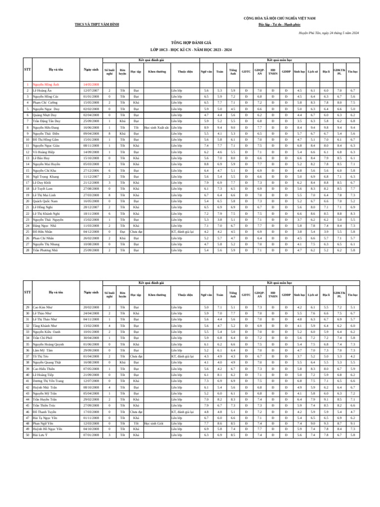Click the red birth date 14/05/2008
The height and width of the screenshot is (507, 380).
pyautogui.click(x=91, y=85)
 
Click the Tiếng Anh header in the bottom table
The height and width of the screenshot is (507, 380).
pyautogui.click(x=233, y=295)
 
